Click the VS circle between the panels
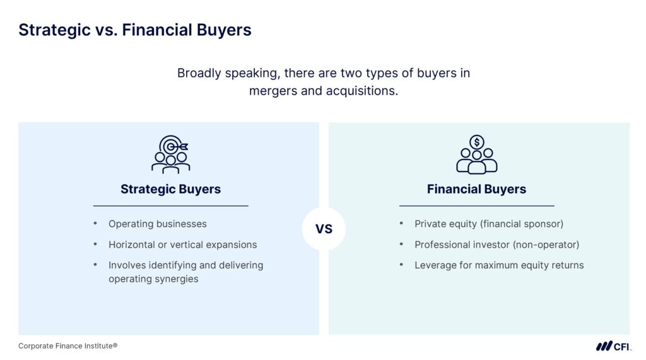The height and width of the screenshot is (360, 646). pos(324,229)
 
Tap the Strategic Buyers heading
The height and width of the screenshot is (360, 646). pos(170,189)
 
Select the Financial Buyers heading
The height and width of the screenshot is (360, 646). pos(477,189)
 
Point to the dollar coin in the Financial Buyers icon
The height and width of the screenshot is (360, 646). pos(477,142)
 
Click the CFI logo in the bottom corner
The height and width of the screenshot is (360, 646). pos(613,346)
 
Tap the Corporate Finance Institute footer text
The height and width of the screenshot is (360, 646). pos(68,346)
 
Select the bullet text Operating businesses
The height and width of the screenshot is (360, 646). pos(158,224)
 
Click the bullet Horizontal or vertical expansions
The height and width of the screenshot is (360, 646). pos(182,245)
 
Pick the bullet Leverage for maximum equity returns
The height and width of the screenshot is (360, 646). pos(499,265)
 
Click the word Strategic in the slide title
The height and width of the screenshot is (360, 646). pos(54,30)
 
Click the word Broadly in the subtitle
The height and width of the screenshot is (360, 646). pos(199,73)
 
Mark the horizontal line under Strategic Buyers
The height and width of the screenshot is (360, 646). pos(170,206)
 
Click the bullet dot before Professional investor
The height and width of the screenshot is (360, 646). pos(401,244)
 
